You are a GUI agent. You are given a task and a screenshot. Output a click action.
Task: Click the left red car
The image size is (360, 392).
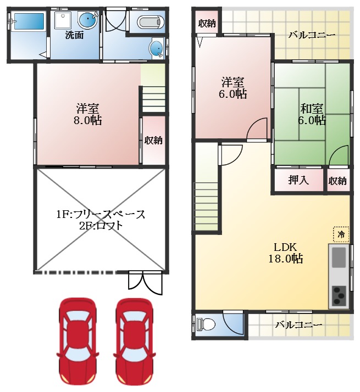77,341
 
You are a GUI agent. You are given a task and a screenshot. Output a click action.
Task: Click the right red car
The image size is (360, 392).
134,341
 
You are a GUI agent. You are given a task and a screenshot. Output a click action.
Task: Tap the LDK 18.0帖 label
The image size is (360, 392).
286,253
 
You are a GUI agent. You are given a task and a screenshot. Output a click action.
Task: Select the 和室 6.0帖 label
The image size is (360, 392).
312,114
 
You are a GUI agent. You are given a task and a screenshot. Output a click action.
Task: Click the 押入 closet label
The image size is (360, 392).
298,180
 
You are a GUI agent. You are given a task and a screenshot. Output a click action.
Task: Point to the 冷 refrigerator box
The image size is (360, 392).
341,234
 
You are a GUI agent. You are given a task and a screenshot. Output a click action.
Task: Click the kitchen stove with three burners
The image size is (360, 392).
339,296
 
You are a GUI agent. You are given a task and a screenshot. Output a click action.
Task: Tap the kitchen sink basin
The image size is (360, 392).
339,257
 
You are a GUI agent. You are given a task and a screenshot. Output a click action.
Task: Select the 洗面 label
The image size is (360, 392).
74,35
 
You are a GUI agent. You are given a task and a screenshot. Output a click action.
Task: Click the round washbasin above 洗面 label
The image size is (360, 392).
87,20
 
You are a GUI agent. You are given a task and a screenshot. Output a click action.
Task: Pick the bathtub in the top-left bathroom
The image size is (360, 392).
29,21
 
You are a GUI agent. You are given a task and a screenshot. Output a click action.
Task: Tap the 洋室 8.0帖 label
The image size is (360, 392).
87,114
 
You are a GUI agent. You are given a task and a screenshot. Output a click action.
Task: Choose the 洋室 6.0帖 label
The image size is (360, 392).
233,88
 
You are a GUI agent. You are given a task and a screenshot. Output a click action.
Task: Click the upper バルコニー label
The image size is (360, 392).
312,35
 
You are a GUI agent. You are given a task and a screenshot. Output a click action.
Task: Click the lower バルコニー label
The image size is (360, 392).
298,325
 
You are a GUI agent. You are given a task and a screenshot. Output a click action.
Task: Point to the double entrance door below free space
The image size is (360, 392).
145,283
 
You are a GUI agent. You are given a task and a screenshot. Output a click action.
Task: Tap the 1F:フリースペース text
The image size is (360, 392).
101,214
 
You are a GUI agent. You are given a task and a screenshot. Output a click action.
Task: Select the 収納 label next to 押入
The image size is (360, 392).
337,181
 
